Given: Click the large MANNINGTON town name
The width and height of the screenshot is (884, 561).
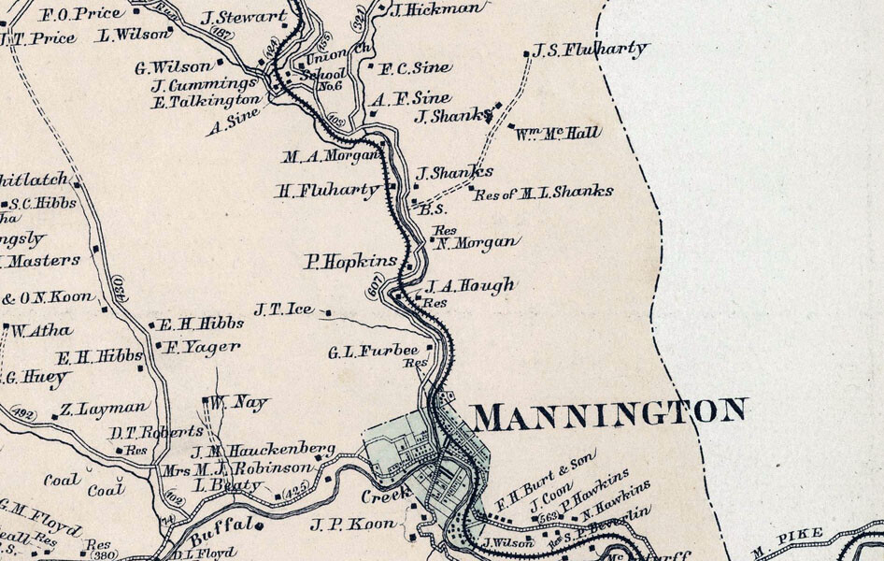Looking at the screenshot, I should pos(609,413).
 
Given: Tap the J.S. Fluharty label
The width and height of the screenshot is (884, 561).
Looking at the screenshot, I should pos(590,50).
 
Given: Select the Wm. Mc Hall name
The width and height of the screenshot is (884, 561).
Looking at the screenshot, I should pos(558,134).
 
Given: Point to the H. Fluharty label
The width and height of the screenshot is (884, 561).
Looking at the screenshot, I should pos(328,191).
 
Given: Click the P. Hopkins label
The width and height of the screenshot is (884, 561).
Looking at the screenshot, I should pos(351,262).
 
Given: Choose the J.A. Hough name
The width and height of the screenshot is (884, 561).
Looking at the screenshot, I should pos(470,286).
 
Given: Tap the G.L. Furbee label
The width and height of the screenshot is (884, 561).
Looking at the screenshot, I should pos(373,352).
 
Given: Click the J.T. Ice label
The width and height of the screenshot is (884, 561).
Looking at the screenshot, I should pos(284,308).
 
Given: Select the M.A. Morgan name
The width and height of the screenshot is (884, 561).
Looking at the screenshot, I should pos(330,155).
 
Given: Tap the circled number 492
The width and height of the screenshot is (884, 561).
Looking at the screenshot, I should pos(22,414).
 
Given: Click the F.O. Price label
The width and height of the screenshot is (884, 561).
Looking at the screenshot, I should pos(82,15).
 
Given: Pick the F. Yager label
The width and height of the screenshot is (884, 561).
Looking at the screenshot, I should pos(203,346).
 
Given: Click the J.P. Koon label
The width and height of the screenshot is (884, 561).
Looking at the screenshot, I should pos(353,525).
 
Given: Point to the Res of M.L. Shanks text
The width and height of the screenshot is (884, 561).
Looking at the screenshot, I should pos(544,193).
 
